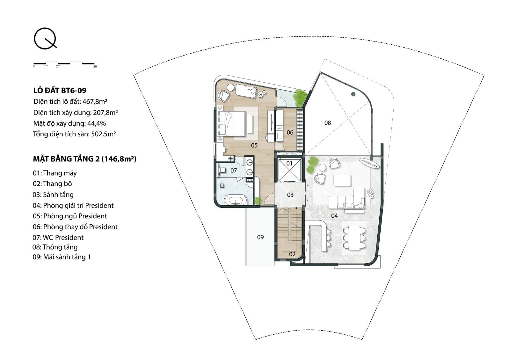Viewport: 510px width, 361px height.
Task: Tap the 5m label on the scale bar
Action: tap(94, 66)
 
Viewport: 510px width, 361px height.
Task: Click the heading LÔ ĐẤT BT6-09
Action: tap(60, 91)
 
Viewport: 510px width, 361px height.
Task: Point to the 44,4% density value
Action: tap(97, 124)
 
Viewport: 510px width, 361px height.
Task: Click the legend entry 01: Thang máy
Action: tap(55, 173)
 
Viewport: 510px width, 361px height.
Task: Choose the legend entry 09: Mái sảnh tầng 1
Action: tap(62, 257)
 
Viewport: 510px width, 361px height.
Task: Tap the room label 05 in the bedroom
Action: tap(254, 145)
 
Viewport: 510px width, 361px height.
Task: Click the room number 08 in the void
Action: tap(327, 123)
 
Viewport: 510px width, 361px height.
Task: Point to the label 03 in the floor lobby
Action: tap(290, 195)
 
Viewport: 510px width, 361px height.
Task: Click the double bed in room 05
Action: tap(232, 124)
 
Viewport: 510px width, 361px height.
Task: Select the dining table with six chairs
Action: tap(354, 237)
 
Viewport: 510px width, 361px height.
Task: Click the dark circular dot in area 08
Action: tap(353, 94)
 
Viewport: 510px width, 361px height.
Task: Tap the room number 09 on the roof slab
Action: tap(260, 237)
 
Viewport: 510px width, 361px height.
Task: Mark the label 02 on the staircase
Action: tap(292, 254)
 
